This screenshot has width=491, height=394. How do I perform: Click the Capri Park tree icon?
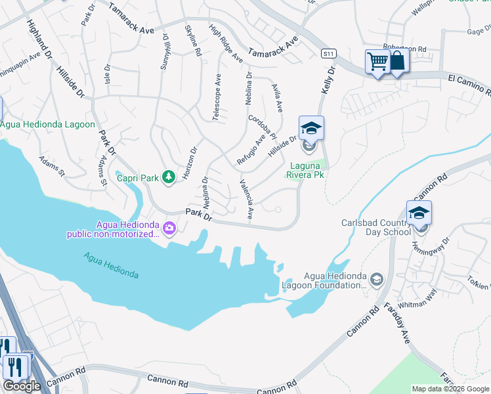tap(169, 176)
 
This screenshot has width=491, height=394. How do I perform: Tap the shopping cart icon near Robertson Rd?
tap(377, 62)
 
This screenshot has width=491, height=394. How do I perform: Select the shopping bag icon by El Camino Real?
tap(398, 62)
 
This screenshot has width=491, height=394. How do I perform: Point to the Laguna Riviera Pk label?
tap(305, 170)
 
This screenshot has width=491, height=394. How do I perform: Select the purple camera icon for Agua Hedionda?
tap(170, 228)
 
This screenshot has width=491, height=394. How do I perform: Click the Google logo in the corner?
tap(22, 386)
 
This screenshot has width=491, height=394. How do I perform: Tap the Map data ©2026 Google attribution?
tap(450, 389)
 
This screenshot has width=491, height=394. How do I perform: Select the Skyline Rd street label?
tap(193, 41)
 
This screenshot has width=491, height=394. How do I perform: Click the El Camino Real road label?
tap(469, 79)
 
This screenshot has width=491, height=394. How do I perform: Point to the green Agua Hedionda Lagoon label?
tap(48, 124)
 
